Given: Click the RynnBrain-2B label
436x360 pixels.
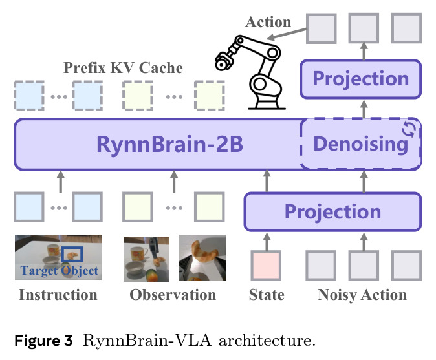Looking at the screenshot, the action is [x=169, y=144].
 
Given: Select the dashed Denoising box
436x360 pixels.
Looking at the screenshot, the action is [x=361, y=144].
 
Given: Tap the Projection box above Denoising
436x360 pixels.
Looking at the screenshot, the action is [x=361, y=79].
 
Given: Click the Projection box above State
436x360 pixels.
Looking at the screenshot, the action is [x=332, y=211].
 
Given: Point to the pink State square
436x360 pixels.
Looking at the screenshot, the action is [x=266, y=266].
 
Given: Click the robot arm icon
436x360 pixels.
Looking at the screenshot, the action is [x=250, y=72].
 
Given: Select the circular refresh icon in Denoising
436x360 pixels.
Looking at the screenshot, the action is [x=409, y=129].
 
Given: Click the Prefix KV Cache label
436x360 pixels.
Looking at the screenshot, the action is [x=123, y=67].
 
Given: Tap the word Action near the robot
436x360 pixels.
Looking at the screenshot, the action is [x=268, y=22].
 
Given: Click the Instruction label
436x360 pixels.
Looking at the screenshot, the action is [x=58, y=295].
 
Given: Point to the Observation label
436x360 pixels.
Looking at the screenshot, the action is [x=173, y=295].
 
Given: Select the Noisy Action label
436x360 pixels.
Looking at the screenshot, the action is [x=362, y=295].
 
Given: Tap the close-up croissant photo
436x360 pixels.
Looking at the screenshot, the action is [x=202, y=257].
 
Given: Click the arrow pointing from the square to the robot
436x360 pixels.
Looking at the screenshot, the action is [x=286, y=34].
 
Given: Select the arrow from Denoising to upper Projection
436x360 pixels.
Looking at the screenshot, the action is [x=364, y=109].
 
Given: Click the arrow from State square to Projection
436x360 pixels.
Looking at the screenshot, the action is [x=267, y=242].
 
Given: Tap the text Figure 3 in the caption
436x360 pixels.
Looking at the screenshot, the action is [x=43, y=340].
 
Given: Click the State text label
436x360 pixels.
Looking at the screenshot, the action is [x=267, y=295].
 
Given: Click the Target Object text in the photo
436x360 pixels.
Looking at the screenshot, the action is [x=60, y=271].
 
